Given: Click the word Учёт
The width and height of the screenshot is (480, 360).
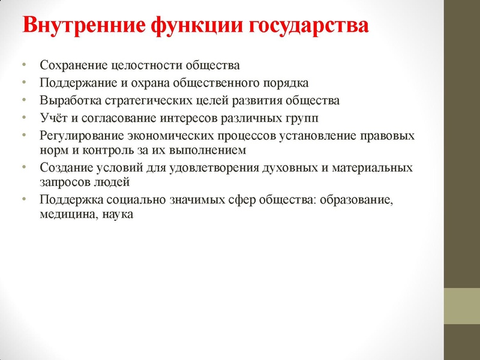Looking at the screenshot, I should coord(53,118).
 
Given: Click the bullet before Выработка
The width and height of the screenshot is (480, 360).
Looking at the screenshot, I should coord(23,100).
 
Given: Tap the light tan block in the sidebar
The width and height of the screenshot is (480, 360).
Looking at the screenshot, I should coord(461,306).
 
